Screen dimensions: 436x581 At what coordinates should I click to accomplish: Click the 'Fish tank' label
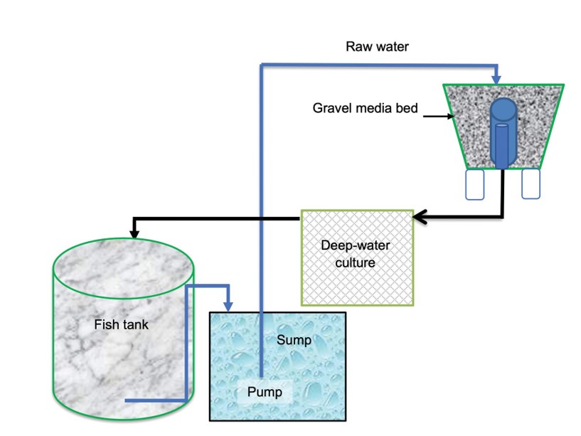[x=121, y=326]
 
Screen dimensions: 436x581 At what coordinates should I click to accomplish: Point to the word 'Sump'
[x=294, y=340]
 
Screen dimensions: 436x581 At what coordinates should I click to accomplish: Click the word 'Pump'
[x=265, y=391]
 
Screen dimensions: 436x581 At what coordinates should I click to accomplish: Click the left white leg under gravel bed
[x=474, y=184]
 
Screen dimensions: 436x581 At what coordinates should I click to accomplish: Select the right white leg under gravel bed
[x=531, y=184]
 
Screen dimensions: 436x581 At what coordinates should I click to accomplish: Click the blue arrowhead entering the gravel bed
[x=496, y=77]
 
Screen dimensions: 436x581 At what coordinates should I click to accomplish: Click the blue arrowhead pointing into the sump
[x=228, y=305]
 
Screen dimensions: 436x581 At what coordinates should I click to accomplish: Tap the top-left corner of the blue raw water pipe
[x=262, y=65]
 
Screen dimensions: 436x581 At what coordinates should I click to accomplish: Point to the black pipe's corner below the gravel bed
[x=503, y=216]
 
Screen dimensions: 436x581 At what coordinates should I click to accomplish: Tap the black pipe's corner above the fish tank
[x=133, y=218]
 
